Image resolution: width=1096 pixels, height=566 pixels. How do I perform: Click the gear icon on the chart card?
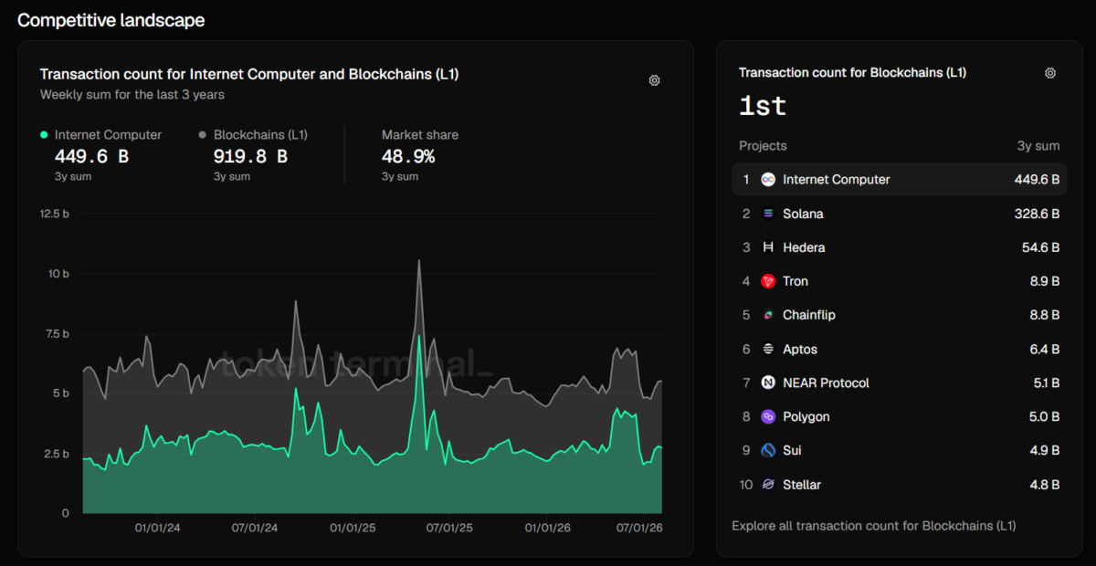654,80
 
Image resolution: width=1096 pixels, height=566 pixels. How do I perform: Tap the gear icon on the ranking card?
1050,73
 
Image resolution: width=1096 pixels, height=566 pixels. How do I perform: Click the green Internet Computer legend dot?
44,135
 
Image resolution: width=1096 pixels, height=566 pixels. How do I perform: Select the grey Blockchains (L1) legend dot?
202,134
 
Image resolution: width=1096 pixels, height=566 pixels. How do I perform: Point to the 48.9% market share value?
408,156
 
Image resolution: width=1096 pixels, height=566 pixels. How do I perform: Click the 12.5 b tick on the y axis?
54,214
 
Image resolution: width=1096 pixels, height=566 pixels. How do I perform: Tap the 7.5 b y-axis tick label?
58,333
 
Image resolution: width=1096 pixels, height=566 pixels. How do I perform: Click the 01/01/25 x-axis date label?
353,528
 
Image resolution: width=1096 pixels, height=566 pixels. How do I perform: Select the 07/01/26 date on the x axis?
639,528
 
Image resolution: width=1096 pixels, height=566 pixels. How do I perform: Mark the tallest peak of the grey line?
419,260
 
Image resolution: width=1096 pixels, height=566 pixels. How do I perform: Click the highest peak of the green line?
419,336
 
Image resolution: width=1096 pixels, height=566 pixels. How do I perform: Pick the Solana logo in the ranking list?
768,214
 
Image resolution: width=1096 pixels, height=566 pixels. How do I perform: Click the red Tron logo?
768,281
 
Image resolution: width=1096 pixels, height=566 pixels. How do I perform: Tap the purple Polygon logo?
768,417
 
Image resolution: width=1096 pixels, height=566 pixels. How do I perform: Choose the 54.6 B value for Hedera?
1040,247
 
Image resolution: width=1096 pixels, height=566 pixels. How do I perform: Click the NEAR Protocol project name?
826,383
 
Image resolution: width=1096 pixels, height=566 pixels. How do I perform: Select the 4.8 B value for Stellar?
1044,485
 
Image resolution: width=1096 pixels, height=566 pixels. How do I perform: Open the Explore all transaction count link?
874,526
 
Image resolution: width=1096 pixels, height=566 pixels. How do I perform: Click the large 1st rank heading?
763,106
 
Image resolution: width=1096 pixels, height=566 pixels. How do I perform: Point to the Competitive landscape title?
111,21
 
